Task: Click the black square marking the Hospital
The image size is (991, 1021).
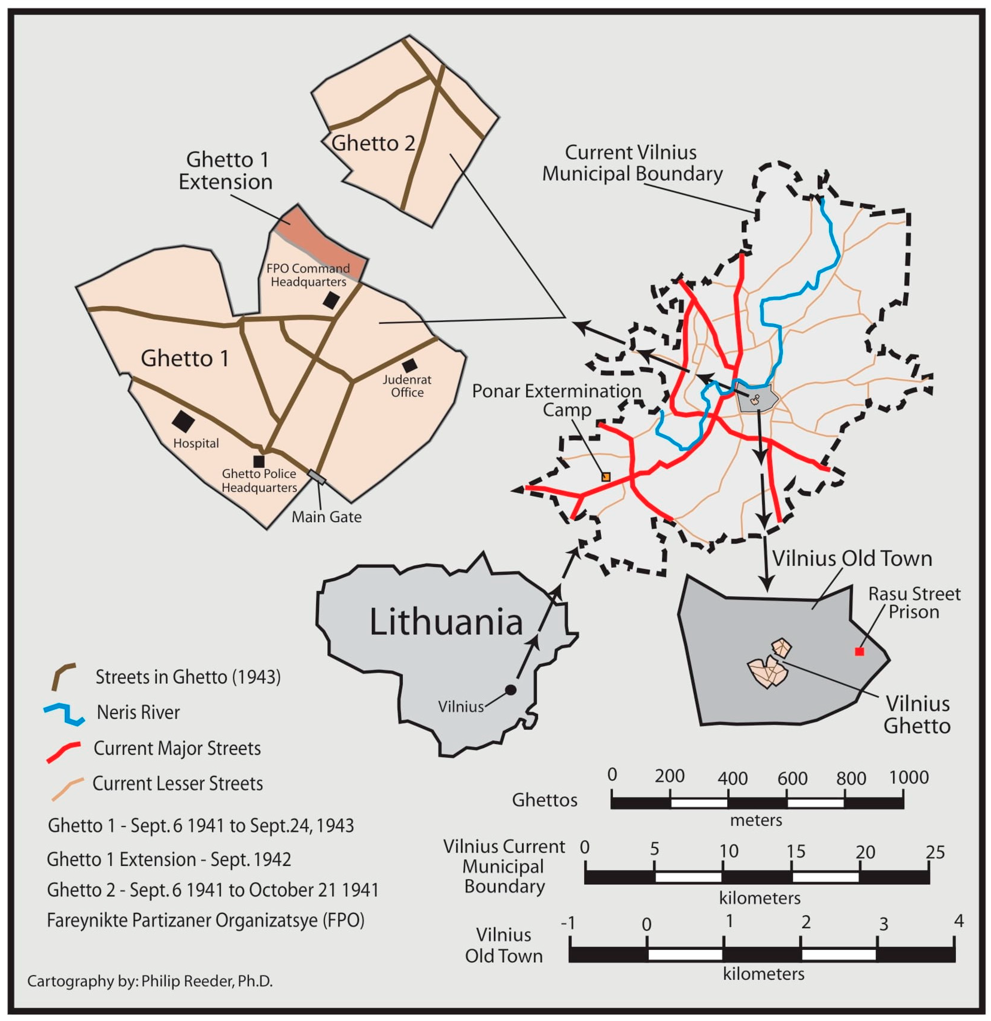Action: (183, 421)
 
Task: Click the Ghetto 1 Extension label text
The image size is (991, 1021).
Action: (226, 171)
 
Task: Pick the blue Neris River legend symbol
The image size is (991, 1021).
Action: (64, 714)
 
